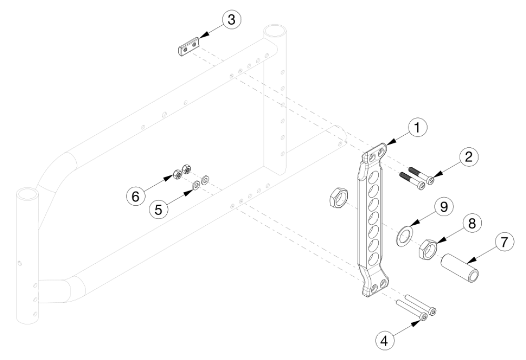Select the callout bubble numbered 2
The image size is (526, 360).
tap(468, 156)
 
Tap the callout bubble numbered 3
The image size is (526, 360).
tap(231, 19)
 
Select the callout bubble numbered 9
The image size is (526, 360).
tap(443, 206)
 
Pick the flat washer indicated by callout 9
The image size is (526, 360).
tap(403, 235)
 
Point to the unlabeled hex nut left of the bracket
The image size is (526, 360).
tap(337, 199)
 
